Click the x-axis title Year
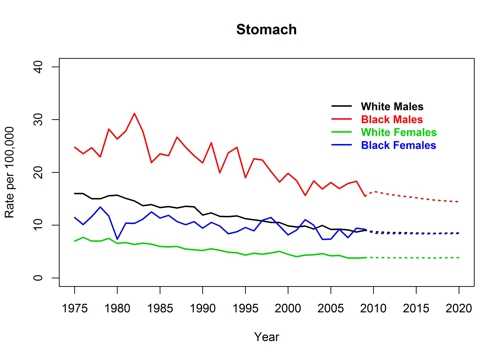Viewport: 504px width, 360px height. click(x=266, y=337)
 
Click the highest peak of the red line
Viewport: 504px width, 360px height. click(x=135, y=113)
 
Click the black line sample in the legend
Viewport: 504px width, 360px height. click(x=342, y=106)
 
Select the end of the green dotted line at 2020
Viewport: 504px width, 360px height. click(x=459, y=258)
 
